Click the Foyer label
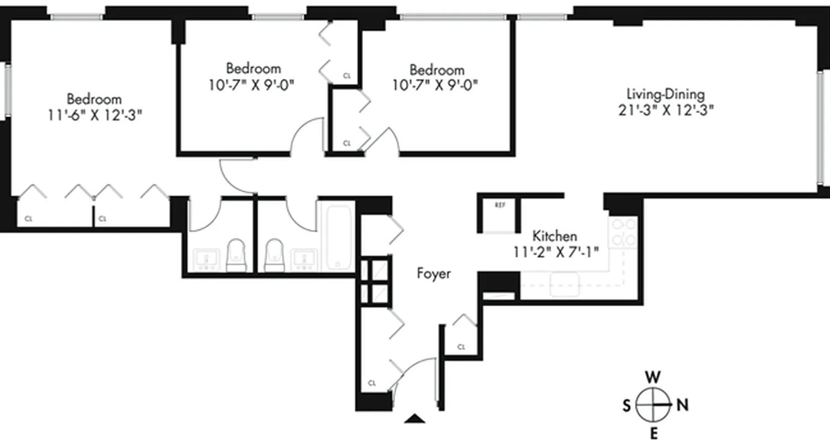click(434, 274)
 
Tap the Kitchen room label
click(555, 236)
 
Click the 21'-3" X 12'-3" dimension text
click(666, 110)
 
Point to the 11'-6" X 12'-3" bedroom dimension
click(94, 115)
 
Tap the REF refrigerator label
click(500, 205)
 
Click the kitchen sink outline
click(564, 285)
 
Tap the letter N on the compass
click(683, 405)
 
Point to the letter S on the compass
click(627, 406)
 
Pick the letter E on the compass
click(653, 432)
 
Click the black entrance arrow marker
click(414, 418)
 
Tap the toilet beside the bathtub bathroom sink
click(274, 255)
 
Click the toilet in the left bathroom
click(236, 255)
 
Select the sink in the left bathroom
click(206, 259)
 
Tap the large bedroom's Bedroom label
click(94, 100)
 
